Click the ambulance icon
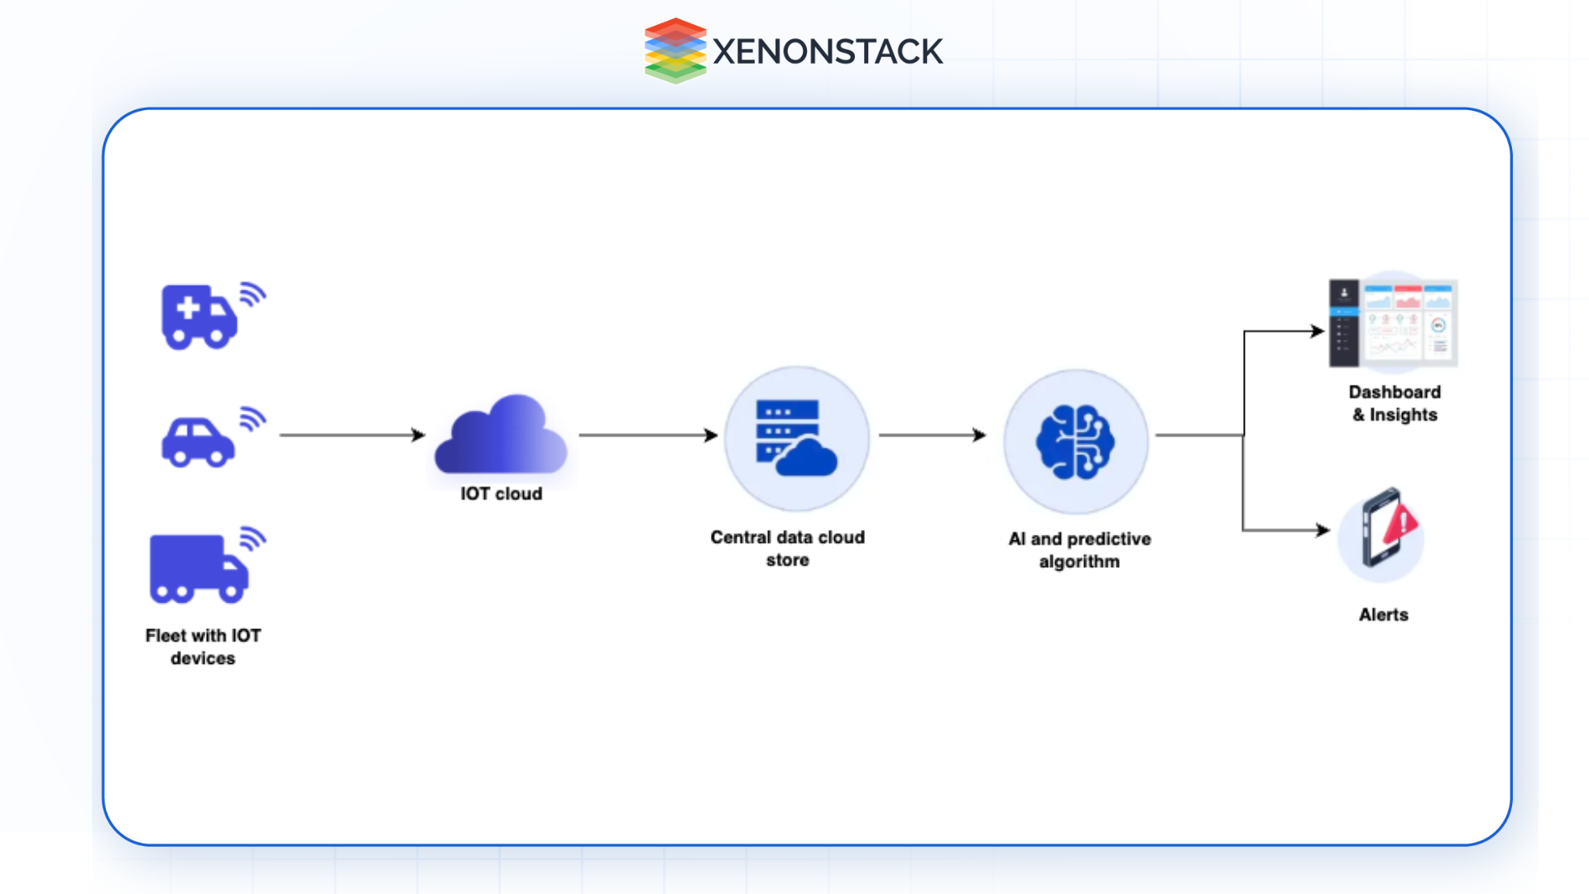tap(199, 316)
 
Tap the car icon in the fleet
tap(198, 442)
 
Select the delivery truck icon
tap(198, 569)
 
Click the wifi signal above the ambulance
tap(252, 295)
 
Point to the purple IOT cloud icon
tap(501, 436)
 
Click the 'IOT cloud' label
tap(501, 493)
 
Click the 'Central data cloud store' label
tap(787, 548)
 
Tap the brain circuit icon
tap(1075, 441)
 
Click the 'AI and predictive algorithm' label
tap(1079, 550)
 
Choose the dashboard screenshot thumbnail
tap(1393, 324)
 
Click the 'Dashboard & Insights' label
tap(1395, 403)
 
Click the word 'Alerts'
tap(1383, 614)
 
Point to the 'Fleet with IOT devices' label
tap(203, 646)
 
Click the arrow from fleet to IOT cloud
tap(352, 435)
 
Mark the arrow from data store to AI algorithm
tap(932, 435)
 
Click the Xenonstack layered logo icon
tap(675, 50)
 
